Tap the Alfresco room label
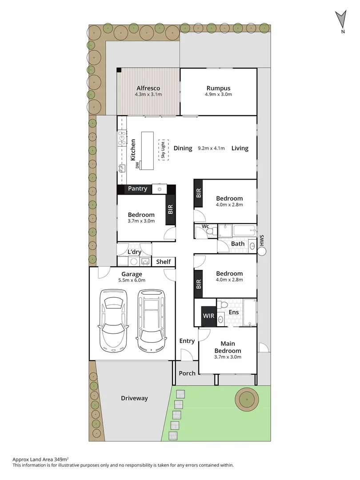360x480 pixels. (x=148, y=88)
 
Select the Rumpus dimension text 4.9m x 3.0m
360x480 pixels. (x=218, y=94)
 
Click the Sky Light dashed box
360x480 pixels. (x=163, y=149)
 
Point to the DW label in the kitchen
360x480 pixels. (x=137, y=165)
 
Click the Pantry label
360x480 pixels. (x=137, y=189)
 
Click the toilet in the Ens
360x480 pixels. (x=224, y=305)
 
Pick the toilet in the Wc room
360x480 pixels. (x=214, y=231)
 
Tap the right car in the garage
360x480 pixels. (x=151, y=320)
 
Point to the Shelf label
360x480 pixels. (x=163, y=262)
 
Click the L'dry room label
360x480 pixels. (x=134, y=252)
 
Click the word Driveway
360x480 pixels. (x=134, y=398)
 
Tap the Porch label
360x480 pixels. (x=187, y=373)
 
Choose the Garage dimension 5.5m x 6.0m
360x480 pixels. (x=132, y=280)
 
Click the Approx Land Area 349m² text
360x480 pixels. (x=40, y=459)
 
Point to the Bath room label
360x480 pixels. (x=238, y=244)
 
